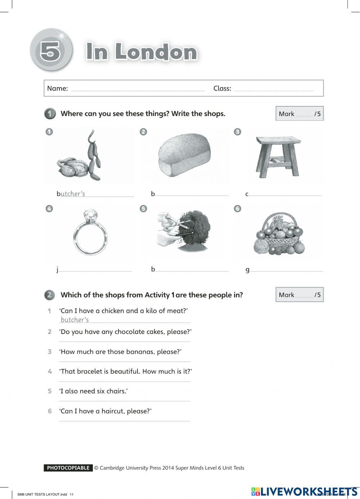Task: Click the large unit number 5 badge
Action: pos(51,50)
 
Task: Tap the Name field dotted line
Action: pos(138,90)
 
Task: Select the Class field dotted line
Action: pos(274,90)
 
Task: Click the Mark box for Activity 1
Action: pos(300,114)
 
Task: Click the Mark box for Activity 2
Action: pos(300,295)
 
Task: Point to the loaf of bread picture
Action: pos(184,156)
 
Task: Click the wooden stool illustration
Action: pos(278,156)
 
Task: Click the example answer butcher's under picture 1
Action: pos(73,194)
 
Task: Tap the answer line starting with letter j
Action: pos(95,270)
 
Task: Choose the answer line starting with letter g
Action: pos(287,270)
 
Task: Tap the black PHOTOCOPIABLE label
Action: pos(68,468)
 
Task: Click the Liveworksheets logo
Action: pos(304,491)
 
